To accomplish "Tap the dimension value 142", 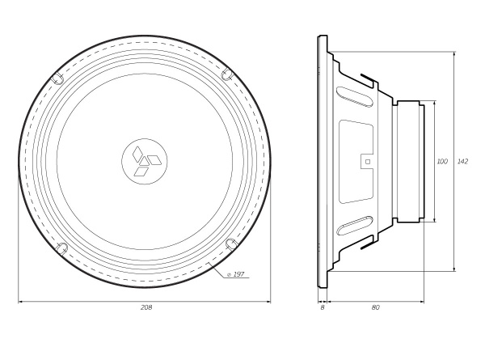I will pyautogui.click(x=462, y=162).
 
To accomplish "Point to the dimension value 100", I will pyautogui.click(x=442, y=162).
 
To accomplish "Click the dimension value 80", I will pyautogui.click(x=376, y=307).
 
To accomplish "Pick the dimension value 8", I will pyautogui.click(x=323, y=307).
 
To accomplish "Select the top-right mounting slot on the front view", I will pyautogui.click(x=228, y=75).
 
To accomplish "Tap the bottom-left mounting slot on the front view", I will pyautogui.click(x=61, y=248).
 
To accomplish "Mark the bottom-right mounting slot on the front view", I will pyautogui.click(x=230, y=244).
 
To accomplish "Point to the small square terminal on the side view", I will pyautogui.click(x=368, y=161).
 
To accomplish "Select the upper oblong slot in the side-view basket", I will pyautogui.click(x=356, y=94).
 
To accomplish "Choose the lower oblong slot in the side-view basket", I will pyautogui.click(x=356, y=227).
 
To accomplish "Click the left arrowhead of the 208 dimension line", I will pyautogui.click(x=21, y=301).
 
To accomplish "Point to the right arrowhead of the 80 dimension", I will pyautogui.click(x=421, y=301).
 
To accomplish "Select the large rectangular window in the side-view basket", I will pyautogui.click(x=356, y=161).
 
